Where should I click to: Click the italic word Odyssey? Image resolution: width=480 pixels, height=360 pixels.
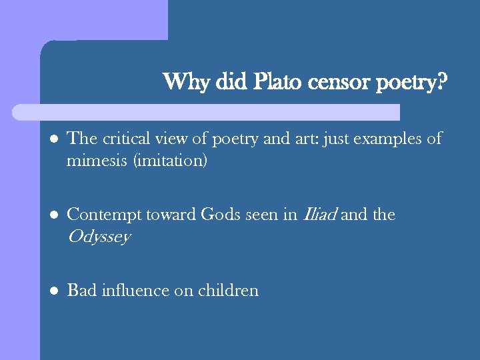(x=98, y=237)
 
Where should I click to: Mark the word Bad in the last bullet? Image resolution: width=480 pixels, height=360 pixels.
(x=82, y=290)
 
